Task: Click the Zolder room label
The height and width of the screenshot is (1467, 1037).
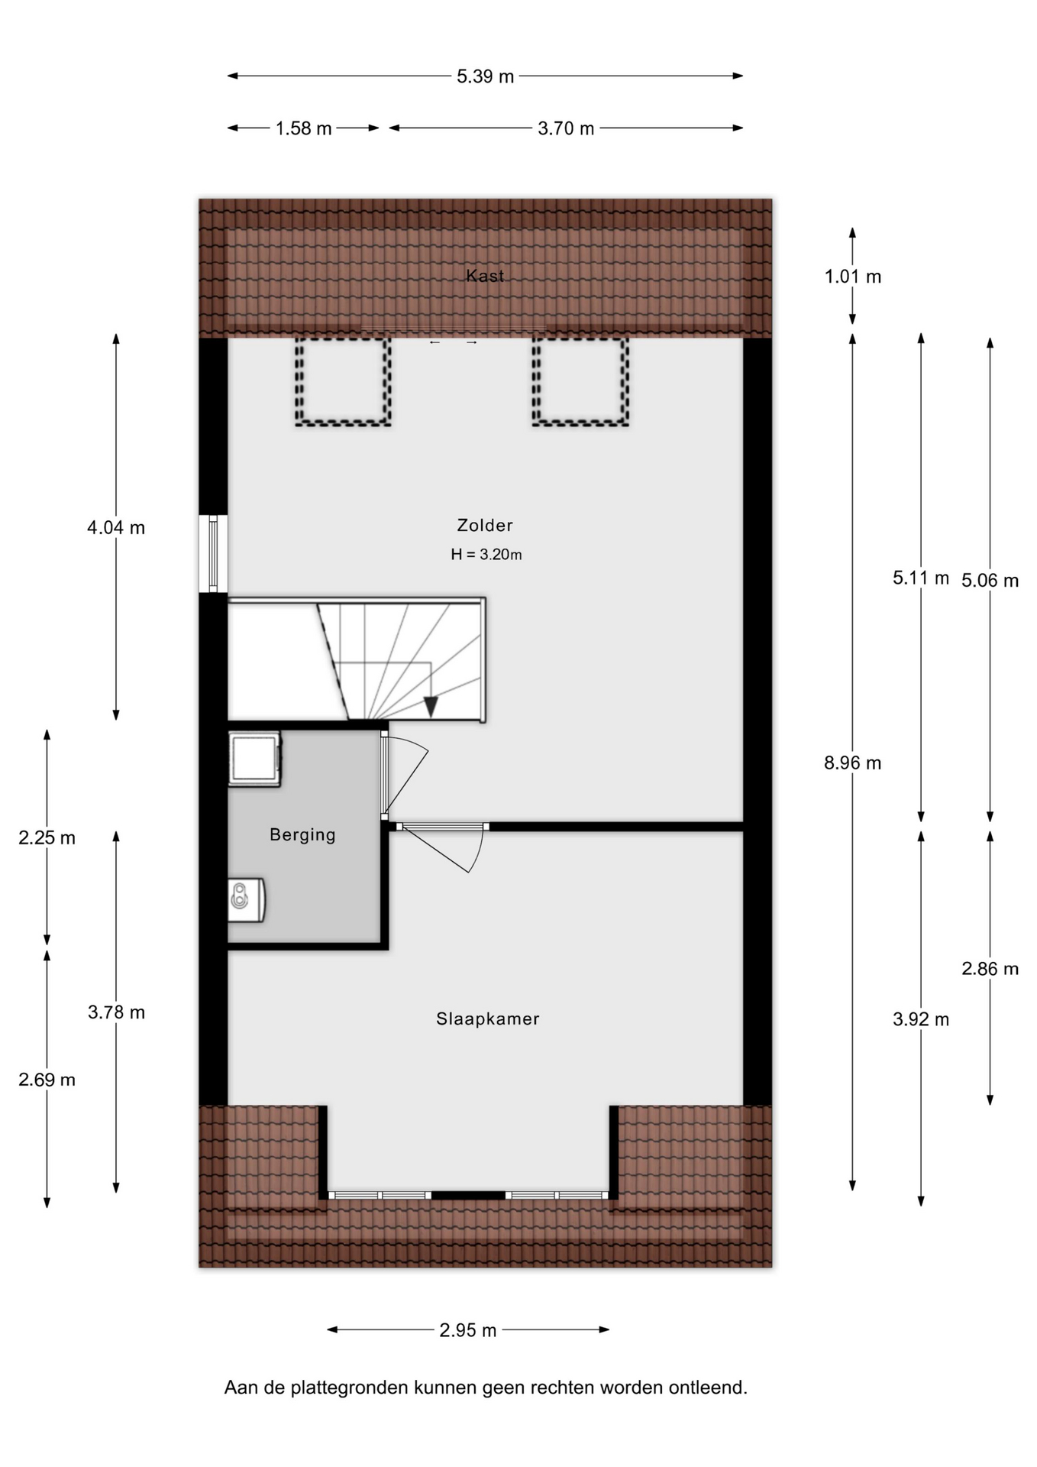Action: click(x=485, y=525)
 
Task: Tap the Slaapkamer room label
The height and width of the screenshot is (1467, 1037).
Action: click(x=488, y=1018)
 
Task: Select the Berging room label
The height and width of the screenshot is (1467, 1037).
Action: click(x=302, y=835)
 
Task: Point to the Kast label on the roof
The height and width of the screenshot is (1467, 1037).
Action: click(x=485, y=275)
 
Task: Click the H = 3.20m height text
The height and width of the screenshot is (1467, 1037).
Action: click(x=486, y=555)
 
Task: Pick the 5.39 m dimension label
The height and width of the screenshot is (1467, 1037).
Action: click(x=486, y=76)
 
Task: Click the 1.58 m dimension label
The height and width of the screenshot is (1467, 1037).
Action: click(x=304, y=128)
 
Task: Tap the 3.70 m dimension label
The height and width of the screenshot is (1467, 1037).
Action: click(x=566, y=128)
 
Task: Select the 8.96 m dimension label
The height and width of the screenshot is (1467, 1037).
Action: click(x=853, y=763)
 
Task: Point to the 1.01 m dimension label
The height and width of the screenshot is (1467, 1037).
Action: click(x=853, y=277)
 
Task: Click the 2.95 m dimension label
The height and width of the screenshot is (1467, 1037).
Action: click(x=468, y=1330)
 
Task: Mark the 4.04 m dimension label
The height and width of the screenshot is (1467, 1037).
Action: click(x=116, y=527)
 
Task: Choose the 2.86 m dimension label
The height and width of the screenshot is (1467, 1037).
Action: click(x=990, y=969)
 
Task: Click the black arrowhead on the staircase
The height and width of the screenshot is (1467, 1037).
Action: click(x=431, y=707)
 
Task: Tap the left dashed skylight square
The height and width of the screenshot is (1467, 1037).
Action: click(x=344, y=382)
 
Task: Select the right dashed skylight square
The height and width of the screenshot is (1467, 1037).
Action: click(x=580, y=382)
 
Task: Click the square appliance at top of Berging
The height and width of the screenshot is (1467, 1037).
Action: click(x=254, y=759)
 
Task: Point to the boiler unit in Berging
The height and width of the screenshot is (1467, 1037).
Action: click(x=247, y=900)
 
